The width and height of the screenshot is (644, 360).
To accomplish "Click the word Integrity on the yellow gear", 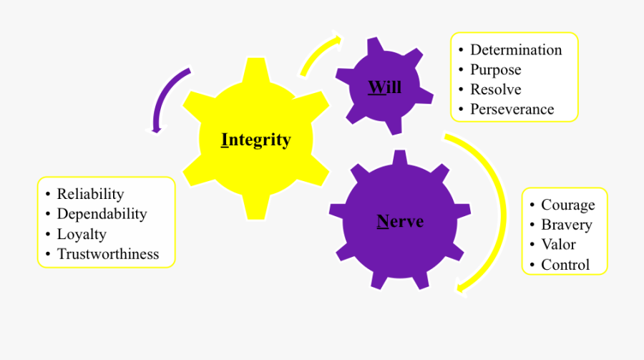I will (x=256, y=140).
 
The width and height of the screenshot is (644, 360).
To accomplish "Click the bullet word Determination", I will (x=515, y=50).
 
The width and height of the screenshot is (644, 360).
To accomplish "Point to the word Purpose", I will (x=495, y=70).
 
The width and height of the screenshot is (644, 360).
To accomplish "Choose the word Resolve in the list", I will (x=495, y=89).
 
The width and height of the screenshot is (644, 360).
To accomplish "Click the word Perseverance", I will (x=512, y=110).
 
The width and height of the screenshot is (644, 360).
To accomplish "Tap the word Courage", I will (x=567, y=205).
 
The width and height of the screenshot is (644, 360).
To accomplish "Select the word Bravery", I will (x=566, y=225).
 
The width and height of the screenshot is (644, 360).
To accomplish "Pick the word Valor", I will (x=558, y=244).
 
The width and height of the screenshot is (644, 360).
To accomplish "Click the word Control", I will (x=565, y=265).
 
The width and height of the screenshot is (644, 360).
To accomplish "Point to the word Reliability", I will (x=90, y=194).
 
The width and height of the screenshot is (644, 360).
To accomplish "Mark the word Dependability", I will (x=102, y=213).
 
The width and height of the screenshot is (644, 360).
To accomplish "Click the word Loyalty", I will (x=82, y=234).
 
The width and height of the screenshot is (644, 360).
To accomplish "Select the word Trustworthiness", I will (x=108, y=254).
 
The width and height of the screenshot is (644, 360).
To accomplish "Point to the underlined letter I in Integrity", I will (x=225, y=140).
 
